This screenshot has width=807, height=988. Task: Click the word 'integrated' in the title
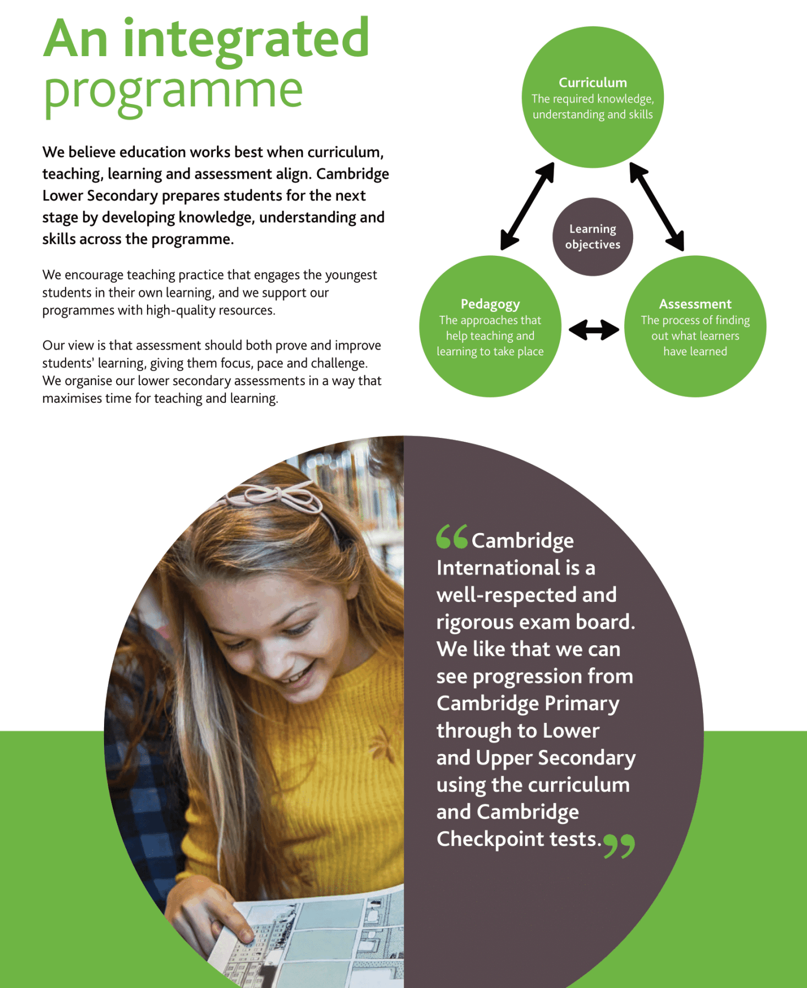click(x=246, y=39)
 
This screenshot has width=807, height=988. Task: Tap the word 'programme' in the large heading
click(x=173, y=91)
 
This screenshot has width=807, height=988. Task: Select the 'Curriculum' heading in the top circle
click(x=592, y=83)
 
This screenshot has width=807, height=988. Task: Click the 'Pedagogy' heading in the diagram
click(x=490, y=304)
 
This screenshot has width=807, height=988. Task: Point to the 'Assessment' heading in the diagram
click(x=695, y=304)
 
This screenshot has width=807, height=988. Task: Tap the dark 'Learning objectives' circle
click(x=592, y=237)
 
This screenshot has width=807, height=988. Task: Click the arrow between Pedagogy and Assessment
click(x=593, y=330)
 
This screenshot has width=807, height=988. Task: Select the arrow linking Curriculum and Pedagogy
click(x=527, y=206)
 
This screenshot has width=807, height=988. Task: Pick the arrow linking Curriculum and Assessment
click(x=657, y=206)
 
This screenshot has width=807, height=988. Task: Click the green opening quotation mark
click(x=451, y=537)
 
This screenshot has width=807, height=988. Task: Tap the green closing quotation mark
click(x=619, y=846)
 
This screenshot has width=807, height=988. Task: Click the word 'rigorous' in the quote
click(x=475, y=623)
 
